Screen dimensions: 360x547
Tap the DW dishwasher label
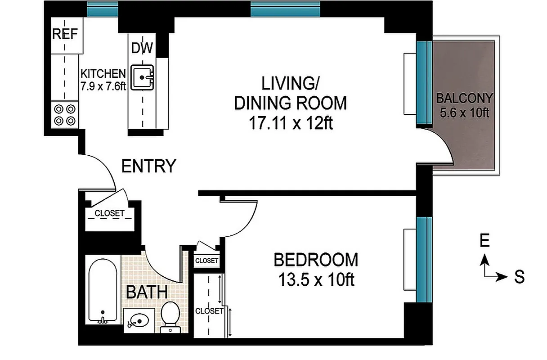click(142, 48)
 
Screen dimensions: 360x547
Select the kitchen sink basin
click(142, 77)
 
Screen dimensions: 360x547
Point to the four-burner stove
click(65, 114)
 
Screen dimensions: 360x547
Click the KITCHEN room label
click(103, 73)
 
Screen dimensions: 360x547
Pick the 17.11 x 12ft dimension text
click(291, 122)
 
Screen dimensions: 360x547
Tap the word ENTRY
click(148, 166)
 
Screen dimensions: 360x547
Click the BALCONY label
click(464, 98)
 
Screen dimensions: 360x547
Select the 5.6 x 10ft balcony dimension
click(464, 112)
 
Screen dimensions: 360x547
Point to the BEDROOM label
click(316, 260)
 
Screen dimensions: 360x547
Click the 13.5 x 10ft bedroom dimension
click(316, 280)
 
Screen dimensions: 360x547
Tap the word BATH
click(147, 292)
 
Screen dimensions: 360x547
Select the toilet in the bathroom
click(170, 315)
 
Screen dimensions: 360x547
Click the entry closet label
click(110, 214)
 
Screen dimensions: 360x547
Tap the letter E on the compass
click(484, 242)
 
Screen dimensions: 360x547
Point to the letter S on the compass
click(520, 277)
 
